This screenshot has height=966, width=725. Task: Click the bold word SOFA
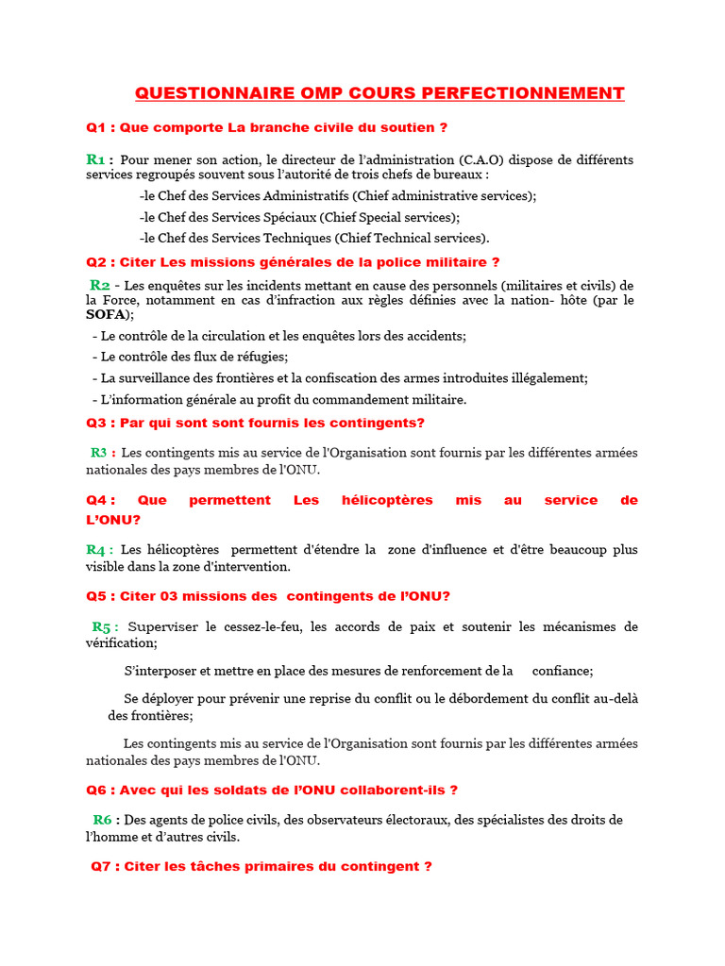click(x=108, y=314)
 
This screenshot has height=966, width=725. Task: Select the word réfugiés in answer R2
click(x=259, y=357)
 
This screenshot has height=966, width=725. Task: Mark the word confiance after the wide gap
click(x=562, y=671)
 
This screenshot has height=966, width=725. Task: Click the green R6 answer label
click(x=103, y=820)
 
